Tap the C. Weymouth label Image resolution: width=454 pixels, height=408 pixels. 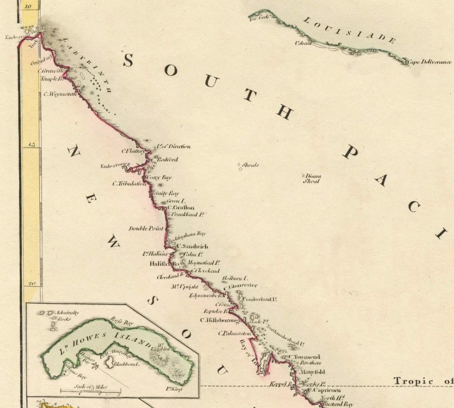[x=60, y=94]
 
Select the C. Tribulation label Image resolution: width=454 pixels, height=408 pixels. [x=129, y=184]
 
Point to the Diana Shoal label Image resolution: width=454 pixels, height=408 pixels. [x=312, y=178]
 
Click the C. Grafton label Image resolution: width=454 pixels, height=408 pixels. [x=181, y=207]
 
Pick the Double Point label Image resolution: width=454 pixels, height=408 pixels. [x=146, y=229]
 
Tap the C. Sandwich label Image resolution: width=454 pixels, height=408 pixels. [x=192, y=247]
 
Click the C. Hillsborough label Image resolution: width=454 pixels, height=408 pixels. [x=221, y=320]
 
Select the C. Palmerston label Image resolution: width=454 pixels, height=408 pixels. [x=234, y=333]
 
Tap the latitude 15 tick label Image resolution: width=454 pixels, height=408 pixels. [x=31, y=145]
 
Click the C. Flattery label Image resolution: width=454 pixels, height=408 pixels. [x=133, y=151]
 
